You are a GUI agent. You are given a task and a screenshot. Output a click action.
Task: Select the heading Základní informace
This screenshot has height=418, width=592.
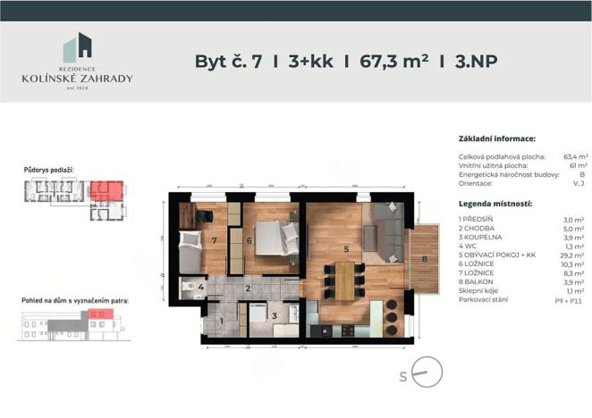pyautogui.click(x=496, y=140)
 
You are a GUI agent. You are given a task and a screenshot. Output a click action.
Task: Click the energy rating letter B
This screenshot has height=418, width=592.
pyautogui.click(x=583, y=174)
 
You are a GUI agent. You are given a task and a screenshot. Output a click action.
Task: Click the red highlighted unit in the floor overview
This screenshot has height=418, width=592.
pyautogui.click(x=107, y=190)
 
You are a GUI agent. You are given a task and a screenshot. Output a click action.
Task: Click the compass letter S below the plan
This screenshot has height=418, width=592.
pyautogui.click(x=404, y=376)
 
